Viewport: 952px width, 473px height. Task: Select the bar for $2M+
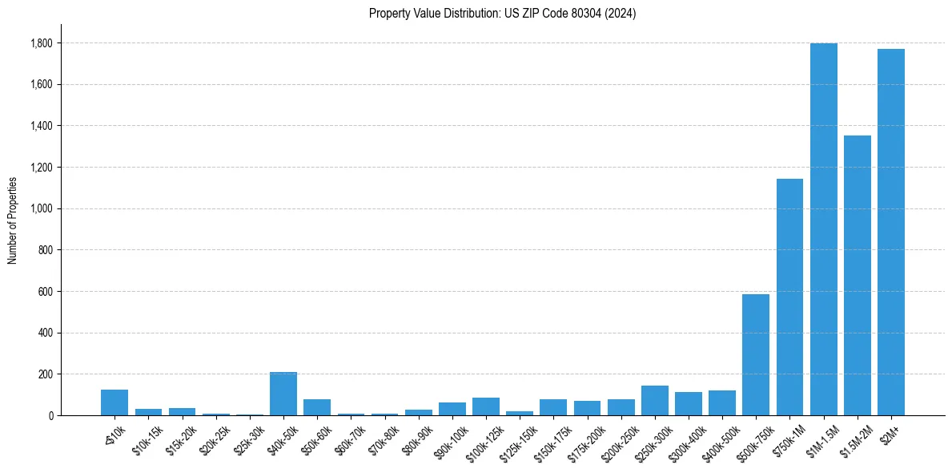click(890, 232)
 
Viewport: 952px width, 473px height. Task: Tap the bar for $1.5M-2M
click(857, 276)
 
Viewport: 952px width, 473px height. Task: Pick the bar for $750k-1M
click(789, 297)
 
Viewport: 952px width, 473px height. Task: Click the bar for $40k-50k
click(283, 394)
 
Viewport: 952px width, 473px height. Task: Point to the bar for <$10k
click(114, 402)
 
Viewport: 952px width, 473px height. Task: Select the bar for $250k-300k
click(654, 401)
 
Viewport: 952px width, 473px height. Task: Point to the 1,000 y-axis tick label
click(43, 209)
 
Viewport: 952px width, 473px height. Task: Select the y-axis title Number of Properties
click(13, 220)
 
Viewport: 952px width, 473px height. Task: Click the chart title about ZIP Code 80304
click(502, 13)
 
